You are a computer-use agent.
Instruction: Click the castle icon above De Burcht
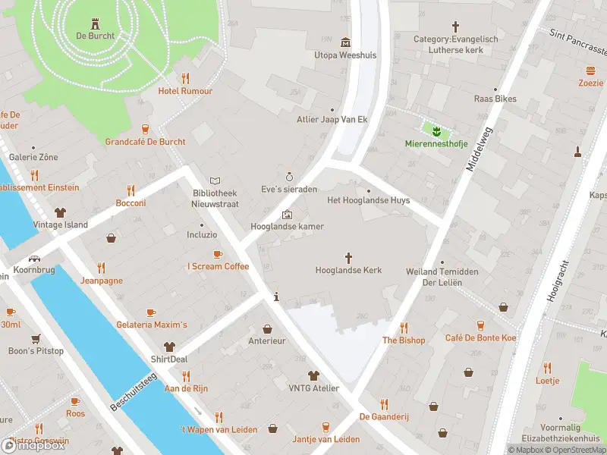[95, 23]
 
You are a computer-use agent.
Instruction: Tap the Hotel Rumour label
[185, 91]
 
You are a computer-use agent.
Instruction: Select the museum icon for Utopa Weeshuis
[345, 42]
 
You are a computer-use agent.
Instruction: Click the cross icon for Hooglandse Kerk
[349, 257]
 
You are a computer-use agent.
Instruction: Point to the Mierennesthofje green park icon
[436, 129]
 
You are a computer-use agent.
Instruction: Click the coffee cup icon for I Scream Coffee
[218, 253]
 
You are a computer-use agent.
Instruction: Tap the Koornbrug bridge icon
[35, 258]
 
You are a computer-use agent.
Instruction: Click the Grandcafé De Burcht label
[145, 142]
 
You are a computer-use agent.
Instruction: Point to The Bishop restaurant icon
[404, 328]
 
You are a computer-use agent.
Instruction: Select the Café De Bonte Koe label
[481, 338]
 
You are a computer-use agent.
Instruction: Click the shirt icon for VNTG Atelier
[313, 375]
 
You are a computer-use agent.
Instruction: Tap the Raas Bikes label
[495, 99]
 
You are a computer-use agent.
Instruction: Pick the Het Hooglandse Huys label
[368, 200]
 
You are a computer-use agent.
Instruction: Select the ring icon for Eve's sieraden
[288, 175]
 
